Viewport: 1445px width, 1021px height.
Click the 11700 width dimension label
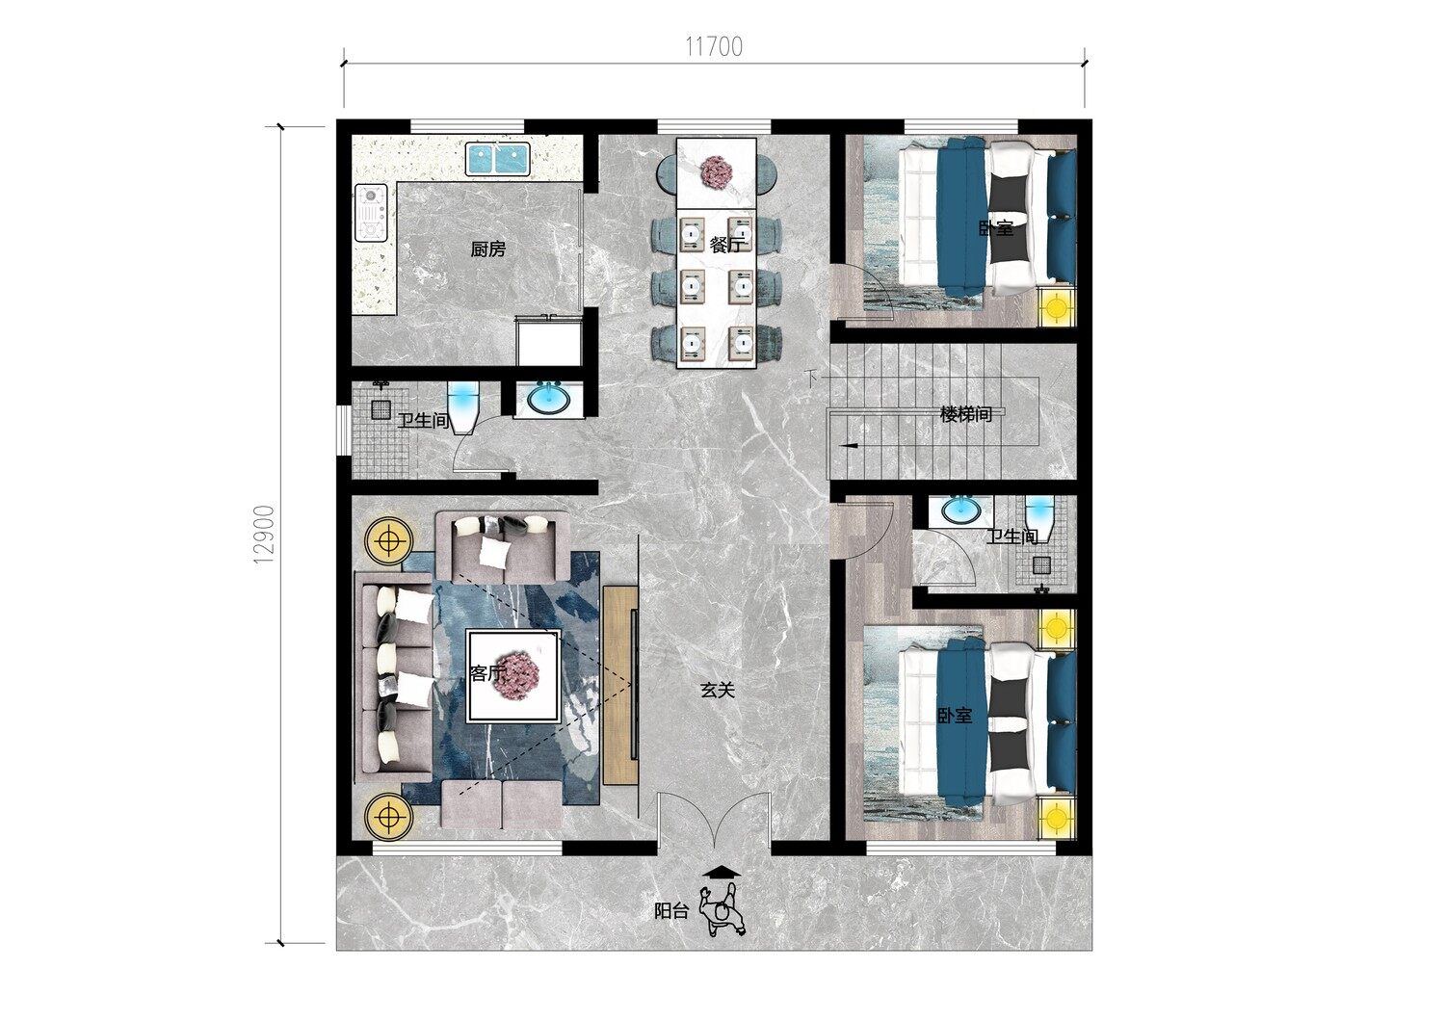click(x=714, y=46)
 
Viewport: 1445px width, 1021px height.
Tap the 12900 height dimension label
click(x=265, y=535)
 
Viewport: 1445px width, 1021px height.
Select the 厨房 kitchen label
click(x=487, y=249)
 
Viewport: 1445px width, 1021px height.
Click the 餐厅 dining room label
click(x=727, y=245)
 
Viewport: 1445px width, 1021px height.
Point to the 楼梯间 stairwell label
click(x=965, y=414)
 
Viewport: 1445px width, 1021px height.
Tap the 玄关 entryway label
click(x=718, y=690)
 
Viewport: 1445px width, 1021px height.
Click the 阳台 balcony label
click(x=672, y=911)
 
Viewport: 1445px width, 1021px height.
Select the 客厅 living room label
click(x=487, y=673)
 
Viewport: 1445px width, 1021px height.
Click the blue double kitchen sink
click(x=498, y=159)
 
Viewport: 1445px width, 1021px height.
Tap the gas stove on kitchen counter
click(x=371, y=213)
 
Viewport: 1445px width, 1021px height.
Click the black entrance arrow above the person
click(x=722, y=873)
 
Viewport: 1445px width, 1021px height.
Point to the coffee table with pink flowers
click(x=513, y=676)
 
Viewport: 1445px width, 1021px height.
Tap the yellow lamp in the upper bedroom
click(x=1058, y=307)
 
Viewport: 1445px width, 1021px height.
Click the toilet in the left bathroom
click(x=463, y=406)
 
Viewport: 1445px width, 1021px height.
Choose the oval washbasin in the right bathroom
click(x=961, y=511)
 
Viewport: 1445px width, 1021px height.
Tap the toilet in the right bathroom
click(x=1038, y=518)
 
